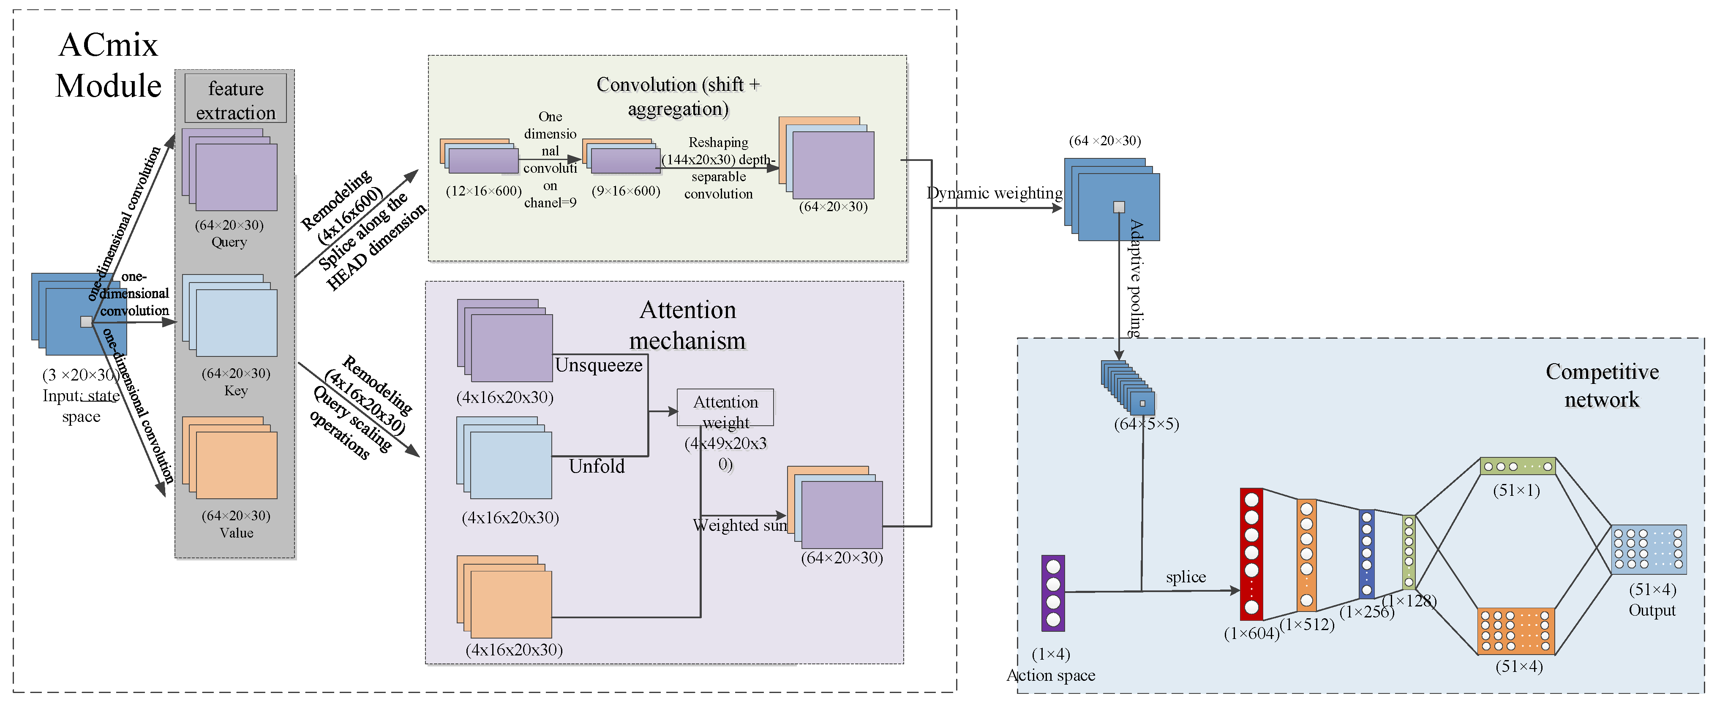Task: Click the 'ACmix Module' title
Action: pos(108,65)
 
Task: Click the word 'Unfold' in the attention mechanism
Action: pos(597,466)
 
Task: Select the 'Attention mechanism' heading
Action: pos(687,325)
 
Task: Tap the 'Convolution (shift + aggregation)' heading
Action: pos(678,97)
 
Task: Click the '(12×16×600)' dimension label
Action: pos(483,191)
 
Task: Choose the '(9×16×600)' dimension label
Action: pos(625,191)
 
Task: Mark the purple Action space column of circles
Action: pos(1053,593)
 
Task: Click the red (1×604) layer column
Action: pos(1251,554)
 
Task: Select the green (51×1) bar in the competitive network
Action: pos(1517,466)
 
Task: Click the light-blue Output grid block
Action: pos(1649,549)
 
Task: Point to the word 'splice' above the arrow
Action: pos(1185,577)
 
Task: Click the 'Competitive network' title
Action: pos(1602,385)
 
